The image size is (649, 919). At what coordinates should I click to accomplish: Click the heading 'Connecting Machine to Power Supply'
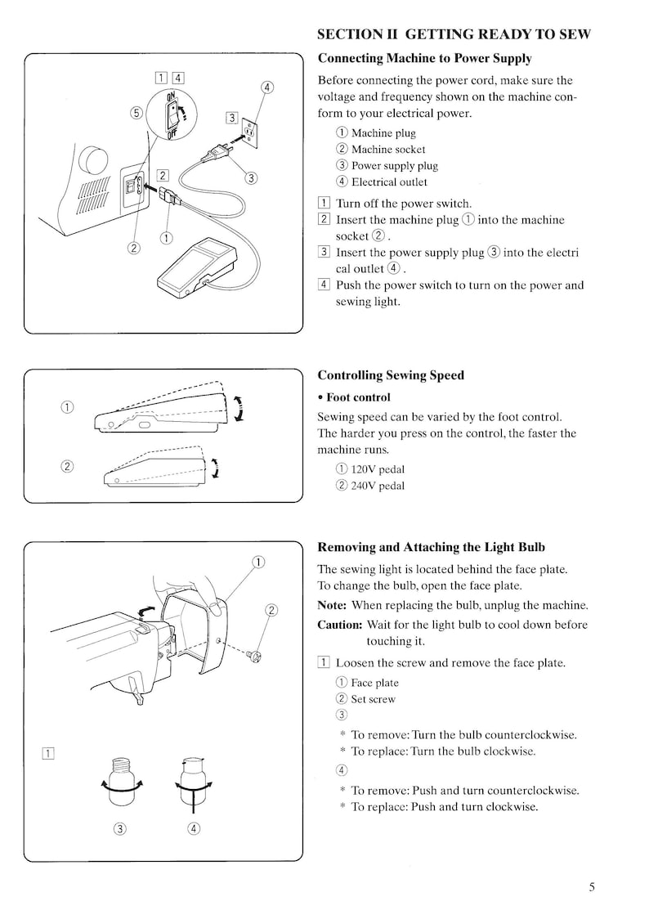coord(424,59)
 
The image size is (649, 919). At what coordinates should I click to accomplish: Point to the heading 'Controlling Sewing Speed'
coord(390,375)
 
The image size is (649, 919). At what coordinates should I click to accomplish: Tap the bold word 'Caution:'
coord(339,625)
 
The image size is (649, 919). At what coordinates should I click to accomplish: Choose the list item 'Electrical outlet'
coord(388,182)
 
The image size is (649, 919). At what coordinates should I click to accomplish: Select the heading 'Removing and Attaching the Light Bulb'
coord(431,547)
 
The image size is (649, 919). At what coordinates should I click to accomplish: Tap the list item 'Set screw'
coord(373,699)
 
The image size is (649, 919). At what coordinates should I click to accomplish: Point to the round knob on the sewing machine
coord(94,159)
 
